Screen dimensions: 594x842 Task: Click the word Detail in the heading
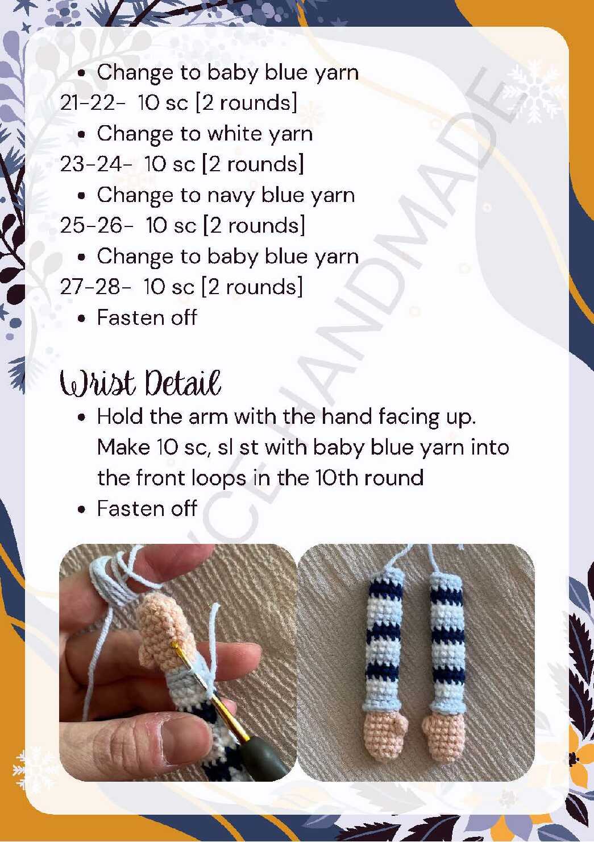pyautogui.click(x=183, y=383)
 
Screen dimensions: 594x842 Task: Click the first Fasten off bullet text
pyautogui.click(x=147, y=317)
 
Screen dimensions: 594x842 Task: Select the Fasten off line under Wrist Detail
pyautogui.click(x=147, y=508)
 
